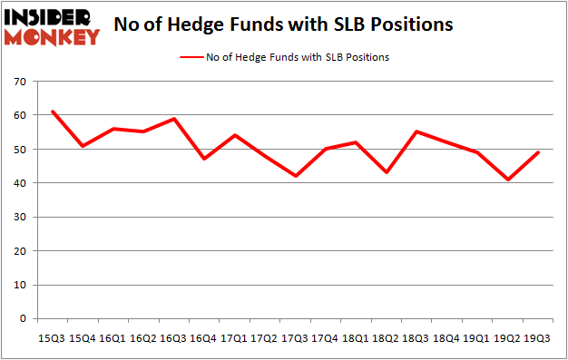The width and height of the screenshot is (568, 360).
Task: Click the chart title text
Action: (x=282, y=25)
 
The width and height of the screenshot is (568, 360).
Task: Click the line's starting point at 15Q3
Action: (x=53, y=112)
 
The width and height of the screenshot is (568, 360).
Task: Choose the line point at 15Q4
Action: (x=83, y=146)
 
